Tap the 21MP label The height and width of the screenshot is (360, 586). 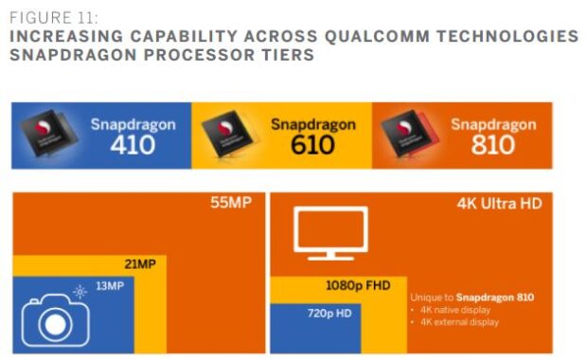[x=139, y=263]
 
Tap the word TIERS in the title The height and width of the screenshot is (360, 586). [x=282, y=54]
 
